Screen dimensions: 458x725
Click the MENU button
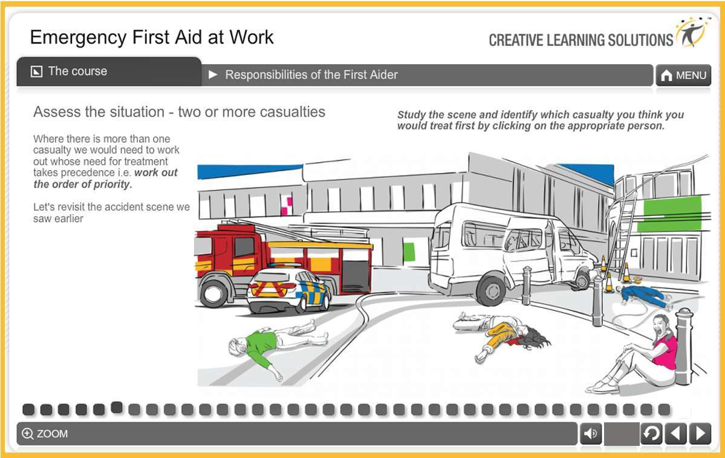pyautogui.click(x=684, y=76)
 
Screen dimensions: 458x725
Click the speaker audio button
pyautogui.click(x=591, y=434)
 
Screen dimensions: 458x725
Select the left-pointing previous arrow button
pyautogui.click(x=675, y=434)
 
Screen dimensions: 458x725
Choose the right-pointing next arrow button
pyautogui.click(x=700, y=434)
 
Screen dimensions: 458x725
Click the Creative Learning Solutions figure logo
pyautogui.click(x=691, y=33)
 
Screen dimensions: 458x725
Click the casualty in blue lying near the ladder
pyautogui.click(x=642, y=296)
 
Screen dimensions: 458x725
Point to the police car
pyautogui.click(x=289, y=290)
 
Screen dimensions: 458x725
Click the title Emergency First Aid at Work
pyautogui.click(x=152, y=38)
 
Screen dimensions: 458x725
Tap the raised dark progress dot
pyautogui.click(x=117, y=407)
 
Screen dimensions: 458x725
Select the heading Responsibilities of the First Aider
pyautogui.click(x=311, y=75)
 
